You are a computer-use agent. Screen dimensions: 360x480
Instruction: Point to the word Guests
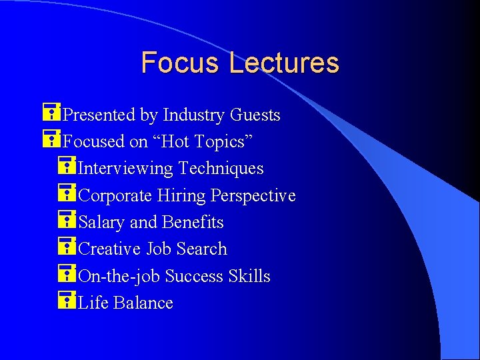pyautogui.click(x=255, y=115)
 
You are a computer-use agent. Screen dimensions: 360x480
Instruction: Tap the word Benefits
pyautogui.click(x=193, y=222)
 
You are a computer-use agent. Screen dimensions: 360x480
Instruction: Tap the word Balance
pyautogui.click(x=143, y=303)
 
